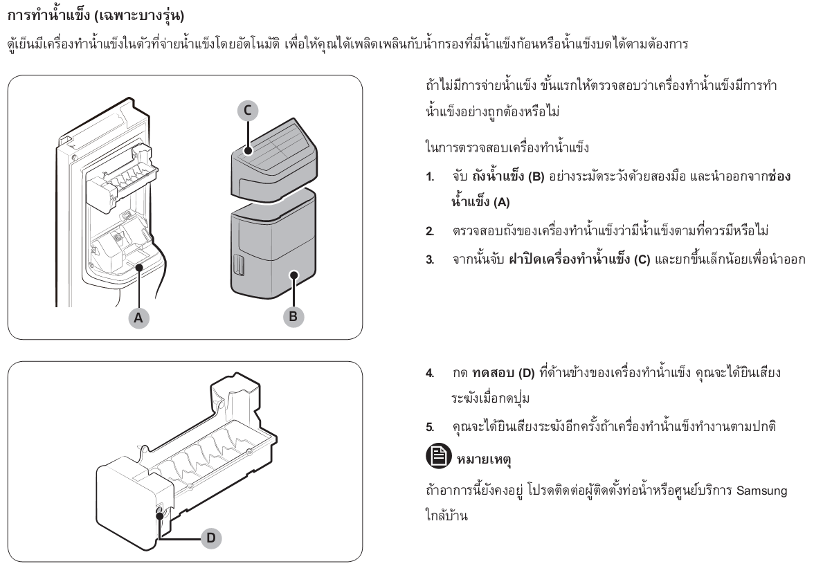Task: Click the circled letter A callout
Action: pyautogui.click(x=138, y=318)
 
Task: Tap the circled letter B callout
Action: pyautogui.click(x=293, y=316)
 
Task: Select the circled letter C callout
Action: pyautogui.click(x=248, y=111)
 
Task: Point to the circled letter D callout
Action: pyautogui.click(x=211, y=538)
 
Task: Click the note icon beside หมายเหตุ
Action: pyautogui.click(x=438, y=455)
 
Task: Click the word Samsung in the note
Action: pyautogui.click(x=761, y=491)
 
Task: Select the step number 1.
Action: pyautogui.click(x=430, y=176)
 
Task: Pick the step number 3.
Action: pyautogui.click(x=430, y=259)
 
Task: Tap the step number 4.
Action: pyautogui.click(x=430, y=374)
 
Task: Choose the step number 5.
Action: pyautogui.click(x=430, y=427)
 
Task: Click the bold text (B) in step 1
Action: pyautogui.click(x=536, y=176)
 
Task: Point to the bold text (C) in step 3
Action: pyautogui.click(x=642, y=259)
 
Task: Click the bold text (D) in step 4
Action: pyautogui.click(x=526, y=374)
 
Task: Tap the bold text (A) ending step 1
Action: pyautogui.click(x=501, y=203)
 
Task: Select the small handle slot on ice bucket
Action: pyautogui.click(x=239, y=266)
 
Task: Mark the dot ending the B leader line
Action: pyautogui.click(x=294, y=275)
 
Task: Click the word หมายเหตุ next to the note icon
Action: pyautogui.click(x=484, y=460)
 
